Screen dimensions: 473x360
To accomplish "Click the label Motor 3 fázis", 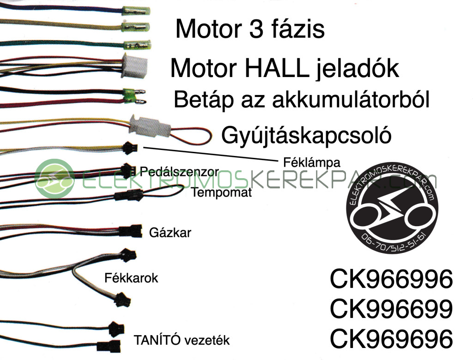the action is (x=250, y=29).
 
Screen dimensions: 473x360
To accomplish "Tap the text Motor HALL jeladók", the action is (x=285, y=69).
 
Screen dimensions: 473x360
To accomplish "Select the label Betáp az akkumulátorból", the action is (x=301, y=100).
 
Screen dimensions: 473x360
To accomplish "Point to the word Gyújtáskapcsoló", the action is (x=306, y=135).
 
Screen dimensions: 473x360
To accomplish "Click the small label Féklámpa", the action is (x=312, y=163).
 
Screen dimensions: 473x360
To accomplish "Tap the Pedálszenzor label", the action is (x=179, y=172).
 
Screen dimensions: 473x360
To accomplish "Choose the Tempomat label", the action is (x=222, y=192).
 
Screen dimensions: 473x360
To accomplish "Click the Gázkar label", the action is (x=170, y=233).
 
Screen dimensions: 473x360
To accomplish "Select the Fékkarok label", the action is (x=131, y=278).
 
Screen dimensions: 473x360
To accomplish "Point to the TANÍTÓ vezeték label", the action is (x=182, y=340).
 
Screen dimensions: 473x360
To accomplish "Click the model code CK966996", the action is (x=391, y=279).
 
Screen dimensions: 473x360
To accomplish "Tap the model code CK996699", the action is (x=391, y=309).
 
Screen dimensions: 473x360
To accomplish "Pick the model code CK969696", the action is (x=391, y=338).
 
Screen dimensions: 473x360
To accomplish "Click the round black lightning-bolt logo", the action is (x=392, y=207).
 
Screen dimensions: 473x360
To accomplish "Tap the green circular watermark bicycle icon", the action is (x=55, y=179).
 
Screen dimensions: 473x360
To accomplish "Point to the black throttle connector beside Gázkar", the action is (x=130, y=231).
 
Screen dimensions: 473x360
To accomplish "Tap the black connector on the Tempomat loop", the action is (x=128, y=195).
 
